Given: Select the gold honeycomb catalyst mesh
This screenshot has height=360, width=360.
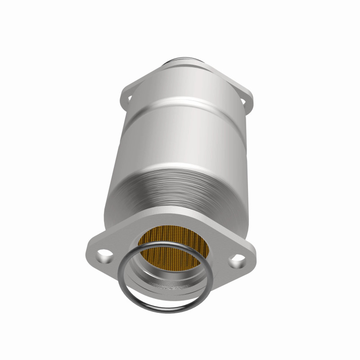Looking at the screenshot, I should click(180, 245).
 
